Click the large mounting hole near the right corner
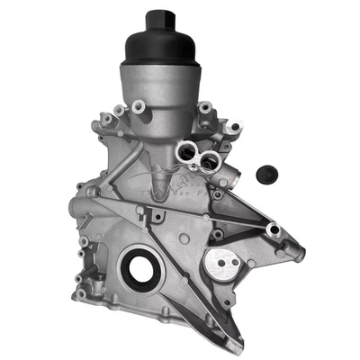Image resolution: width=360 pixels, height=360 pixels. point(273,231)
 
